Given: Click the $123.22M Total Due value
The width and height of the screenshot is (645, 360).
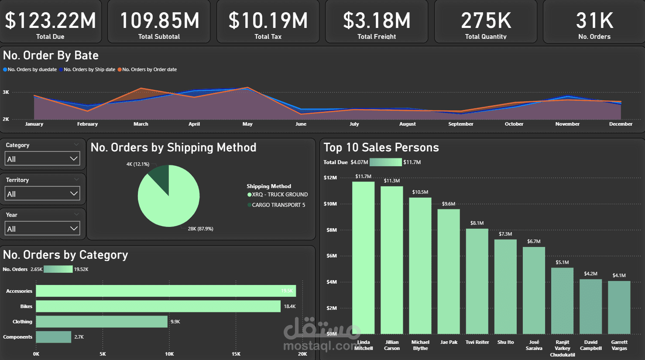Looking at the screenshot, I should click(x=50, y=21).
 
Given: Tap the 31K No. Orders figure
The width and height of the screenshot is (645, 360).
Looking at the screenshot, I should click(x=594, y=21).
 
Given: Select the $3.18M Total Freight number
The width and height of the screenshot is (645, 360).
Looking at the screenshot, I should click(x=377, y=21).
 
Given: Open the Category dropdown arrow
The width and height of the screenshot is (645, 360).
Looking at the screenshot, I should click(x=74, y=158).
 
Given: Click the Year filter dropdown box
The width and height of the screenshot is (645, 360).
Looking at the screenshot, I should click(x=42, y=228).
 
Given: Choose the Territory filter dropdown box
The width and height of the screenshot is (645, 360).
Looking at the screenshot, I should click(x=42, y=193).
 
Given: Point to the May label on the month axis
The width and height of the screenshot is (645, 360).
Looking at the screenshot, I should click(x=247, y=124).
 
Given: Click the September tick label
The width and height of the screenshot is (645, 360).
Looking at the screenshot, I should click(x=460, y=124).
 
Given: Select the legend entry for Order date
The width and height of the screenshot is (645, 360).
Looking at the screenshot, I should click(x=149, y=69).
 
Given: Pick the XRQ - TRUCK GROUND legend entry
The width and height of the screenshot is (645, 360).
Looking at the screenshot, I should click(x=279, y=195).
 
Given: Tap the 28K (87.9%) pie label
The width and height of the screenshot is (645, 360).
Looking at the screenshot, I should click(x=200, y=229).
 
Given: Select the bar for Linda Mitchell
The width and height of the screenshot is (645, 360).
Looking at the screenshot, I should click(x=363, y=257).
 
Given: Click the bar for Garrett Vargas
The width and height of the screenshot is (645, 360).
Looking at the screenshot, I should click(x=619, y=307).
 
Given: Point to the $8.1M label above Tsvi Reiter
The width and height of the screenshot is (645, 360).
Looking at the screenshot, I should click(x=477, y=223).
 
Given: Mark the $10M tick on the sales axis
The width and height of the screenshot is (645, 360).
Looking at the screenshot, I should click(x=330, y=204).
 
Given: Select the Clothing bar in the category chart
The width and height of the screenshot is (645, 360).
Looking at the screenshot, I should click(x=102, y=322).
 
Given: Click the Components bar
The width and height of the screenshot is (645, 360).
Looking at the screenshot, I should click(x=53, y=337).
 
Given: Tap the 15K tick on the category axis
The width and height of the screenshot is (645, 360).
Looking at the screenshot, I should click(x=236, y=354).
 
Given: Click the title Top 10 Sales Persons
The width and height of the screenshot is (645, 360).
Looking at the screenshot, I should click(x=381, y=147).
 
